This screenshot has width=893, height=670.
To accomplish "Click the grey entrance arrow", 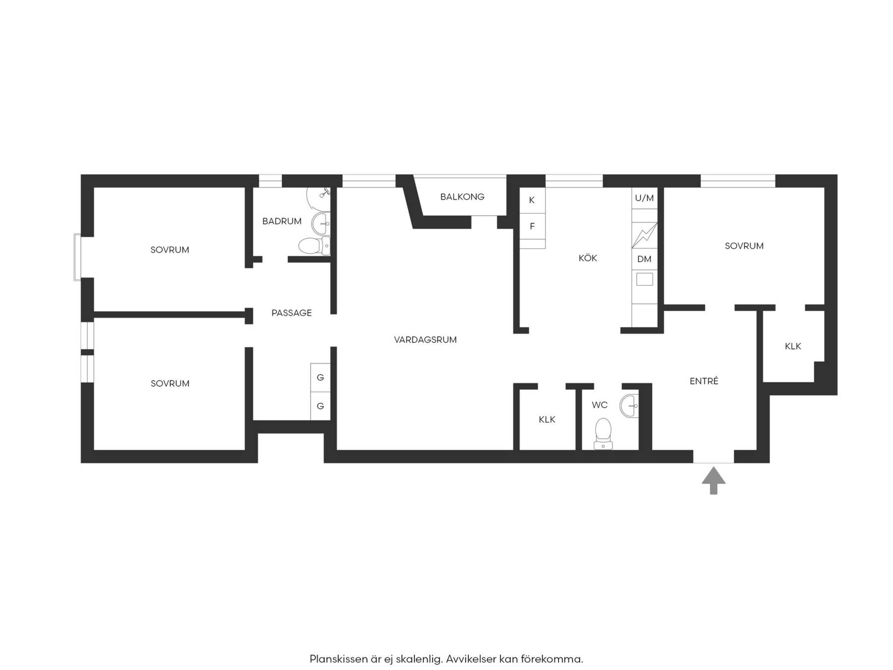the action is pos(713,480).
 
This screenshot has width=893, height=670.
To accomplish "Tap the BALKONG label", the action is pos(462,197).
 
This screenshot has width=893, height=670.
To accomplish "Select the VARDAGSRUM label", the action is pos(425,339).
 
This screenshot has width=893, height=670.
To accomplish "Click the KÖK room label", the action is pos(588,258).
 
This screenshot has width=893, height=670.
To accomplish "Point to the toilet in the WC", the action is pos(603,433).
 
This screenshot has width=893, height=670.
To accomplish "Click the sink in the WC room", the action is pos(629,406).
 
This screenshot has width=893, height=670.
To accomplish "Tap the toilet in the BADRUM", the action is pos(314,246).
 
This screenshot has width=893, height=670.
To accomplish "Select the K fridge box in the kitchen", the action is pos(532,201).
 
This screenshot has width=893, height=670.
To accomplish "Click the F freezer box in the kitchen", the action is pos(532,226).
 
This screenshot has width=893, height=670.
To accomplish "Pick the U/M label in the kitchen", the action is pos(644,198).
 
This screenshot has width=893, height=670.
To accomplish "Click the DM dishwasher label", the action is pos(644,259).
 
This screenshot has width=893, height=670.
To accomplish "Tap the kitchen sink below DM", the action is pos(644,279).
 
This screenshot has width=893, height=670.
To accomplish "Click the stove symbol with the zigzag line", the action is pos(644,235).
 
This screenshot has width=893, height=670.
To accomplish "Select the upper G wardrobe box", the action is pos(320,378).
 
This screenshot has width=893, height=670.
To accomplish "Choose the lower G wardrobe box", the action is pos(320,406).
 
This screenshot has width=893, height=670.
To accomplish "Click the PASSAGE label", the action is pos(292,313).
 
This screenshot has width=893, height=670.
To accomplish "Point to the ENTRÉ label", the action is pos(704,381).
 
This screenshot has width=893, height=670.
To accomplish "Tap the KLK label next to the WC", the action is pos(547,419).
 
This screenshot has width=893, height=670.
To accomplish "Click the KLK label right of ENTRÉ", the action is pos(793,346).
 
